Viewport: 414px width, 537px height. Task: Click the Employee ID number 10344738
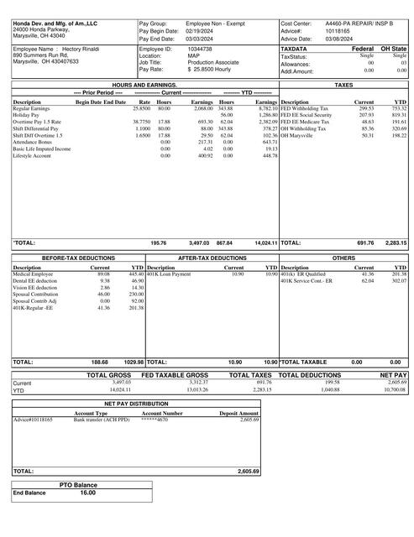tap(199, 50)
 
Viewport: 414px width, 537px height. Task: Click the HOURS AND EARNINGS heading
tap(144, 86)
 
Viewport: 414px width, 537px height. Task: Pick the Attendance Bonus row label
tap(34, 142)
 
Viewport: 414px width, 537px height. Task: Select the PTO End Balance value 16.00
tap(88, 493)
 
